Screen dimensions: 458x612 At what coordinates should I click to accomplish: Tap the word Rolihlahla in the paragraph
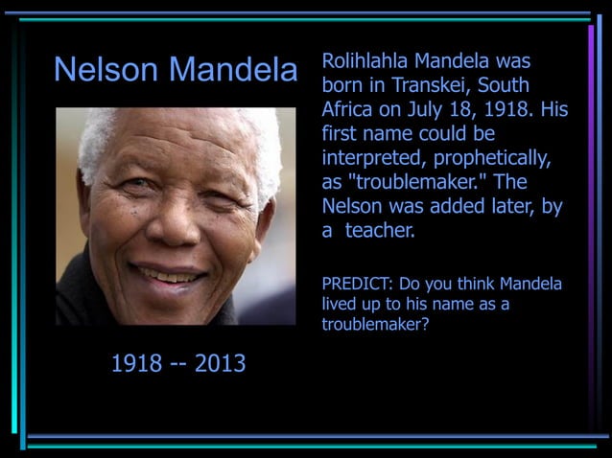click(365, 60)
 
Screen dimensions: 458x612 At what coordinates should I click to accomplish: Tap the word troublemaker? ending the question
click(375, 325)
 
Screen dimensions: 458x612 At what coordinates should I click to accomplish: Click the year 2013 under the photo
click(220, 364)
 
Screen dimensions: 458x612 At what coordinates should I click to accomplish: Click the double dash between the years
click(178, 364)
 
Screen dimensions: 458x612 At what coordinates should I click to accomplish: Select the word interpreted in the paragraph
click(369, 158)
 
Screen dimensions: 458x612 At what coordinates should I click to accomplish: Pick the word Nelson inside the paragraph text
click(353, 206)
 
